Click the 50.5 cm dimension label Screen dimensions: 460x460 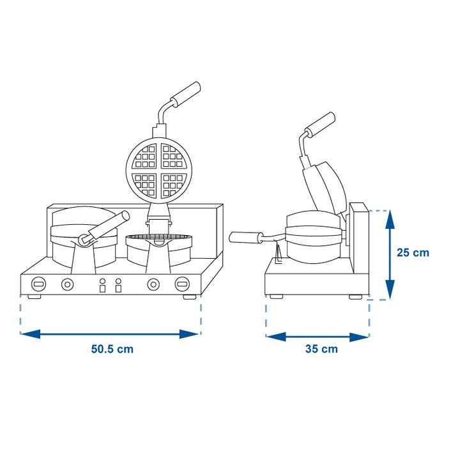click(x=112, y=349)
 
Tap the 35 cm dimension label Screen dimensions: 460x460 click(x=321, y=349)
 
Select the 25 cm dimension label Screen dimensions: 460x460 click(x=413, y=252)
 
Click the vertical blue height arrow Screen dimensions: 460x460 click(x=390, y=255)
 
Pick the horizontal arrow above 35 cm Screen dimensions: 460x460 click(x=318, y=337)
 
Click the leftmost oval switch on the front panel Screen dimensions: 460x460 click(x=39, y=284)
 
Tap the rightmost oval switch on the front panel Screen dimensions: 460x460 click(x=182, y=284)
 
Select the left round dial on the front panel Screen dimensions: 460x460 click(x=68, y=284)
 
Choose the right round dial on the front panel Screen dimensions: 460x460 click(x=153, y=284)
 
